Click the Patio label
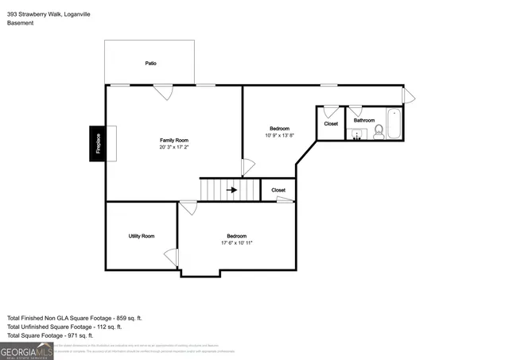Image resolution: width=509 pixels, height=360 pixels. point(150,63)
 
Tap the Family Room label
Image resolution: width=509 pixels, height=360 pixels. point(173,140)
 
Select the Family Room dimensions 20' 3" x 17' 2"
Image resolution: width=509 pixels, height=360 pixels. point(173,147)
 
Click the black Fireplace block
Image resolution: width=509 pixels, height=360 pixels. point(98,144)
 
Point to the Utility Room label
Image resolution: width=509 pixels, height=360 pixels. point(142,236)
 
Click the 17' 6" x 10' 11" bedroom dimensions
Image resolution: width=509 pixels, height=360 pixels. point(236,242)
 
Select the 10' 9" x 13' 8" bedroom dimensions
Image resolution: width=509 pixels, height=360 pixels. point(279,135)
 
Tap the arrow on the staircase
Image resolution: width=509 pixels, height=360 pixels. point(232,190)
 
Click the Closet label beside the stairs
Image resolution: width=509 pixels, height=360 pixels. point(278,190)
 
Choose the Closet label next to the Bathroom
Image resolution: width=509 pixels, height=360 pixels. point(331,123)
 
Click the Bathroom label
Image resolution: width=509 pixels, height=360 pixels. point(364,120)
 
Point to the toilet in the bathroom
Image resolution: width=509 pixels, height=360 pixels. point(379,132)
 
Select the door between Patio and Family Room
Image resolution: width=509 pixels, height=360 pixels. point(164,91)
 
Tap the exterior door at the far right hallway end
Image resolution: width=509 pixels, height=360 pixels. point(408,96)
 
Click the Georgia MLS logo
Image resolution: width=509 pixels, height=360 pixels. point(26,350)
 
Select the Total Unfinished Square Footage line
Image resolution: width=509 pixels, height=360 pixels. point(64,327)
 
